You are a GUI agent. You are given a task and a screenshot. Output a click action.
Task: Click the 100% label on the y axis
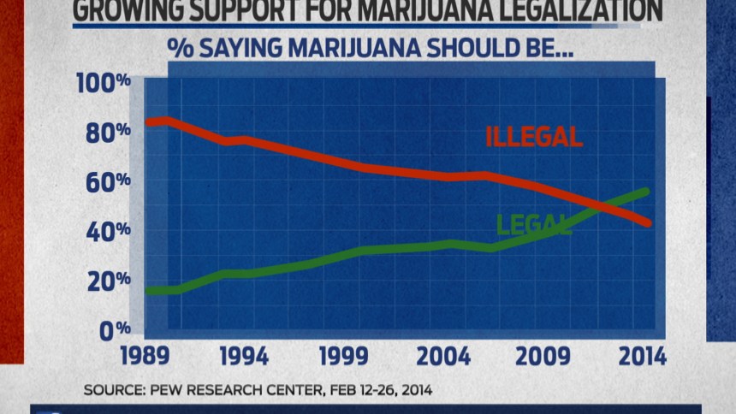tap(102, 84)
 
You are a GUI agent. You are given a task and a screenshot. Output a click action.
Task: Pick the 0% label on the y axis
tap(113, 330)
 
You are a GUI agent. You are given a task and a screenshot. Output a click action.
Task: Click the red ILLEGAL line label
tap(534, 136)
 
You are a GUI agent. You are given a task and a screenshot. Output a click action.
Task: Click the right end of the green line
tap(646, 192)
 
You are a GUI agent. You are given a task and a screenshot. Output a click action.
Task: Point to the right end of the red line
tap(648, 224)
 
